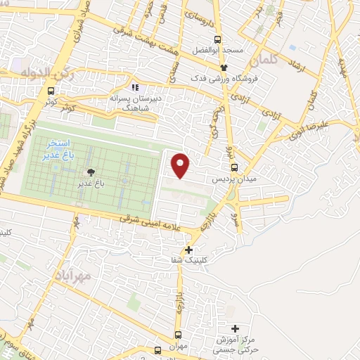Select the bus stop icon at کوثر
tap(50, 91)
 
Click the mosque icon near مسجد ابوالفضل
tap(224, 67)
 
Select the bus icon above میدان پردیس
tap(235, 167)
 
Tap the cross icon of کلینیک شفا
tap(188, 250)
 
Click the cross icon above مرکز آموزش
tap(235, 328)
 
